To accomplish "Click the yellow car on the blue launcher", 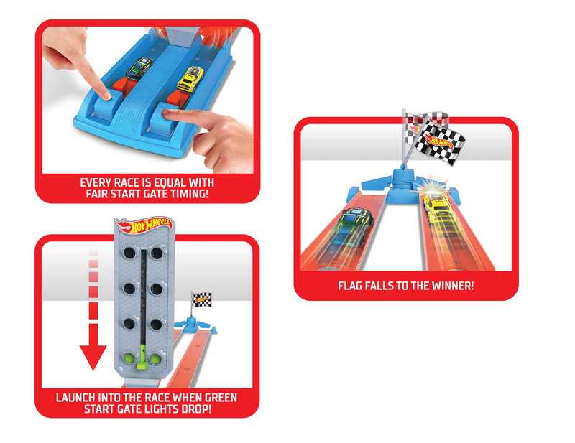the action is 190,79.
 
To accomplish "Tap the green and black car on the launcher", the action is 139,68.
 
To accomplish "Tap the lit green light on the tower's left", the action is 129,358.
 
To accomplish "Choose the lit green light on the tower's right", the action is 156,358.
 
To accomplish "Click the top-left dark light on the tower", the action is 129,253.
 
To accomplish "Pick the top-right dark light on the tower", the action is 157,253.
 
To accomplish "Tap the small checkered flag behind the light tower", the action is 201,299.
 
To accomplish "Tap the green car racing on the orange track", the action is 353,226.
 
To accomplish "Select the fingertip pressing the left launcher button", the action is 104,95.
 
